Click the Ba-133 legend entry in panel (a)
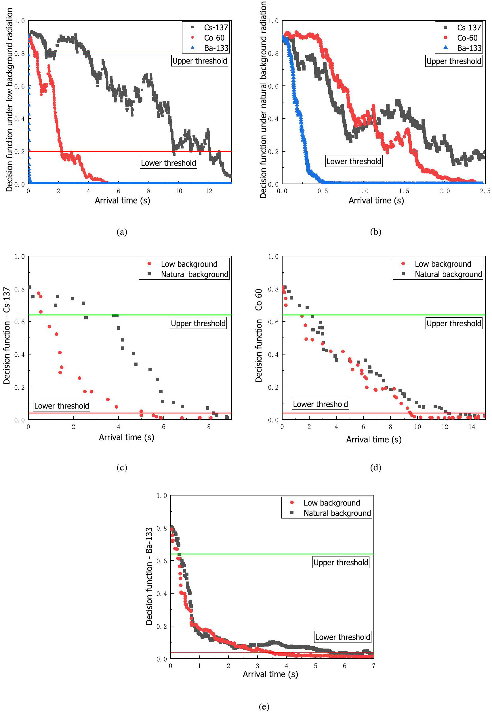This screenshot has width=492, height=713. click(216, 48)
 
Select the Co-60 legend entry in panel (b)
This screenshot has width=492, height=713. click(467, 38)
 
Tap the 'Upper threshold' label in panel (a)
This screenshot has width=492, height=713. click(199, 61)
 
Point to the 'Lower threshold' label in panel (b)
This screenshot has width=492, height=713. click(354, 161)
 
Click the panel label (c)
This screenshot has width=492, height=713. click(122, 468)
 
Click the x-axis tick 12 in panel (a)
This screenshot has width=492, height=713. click(209, 191)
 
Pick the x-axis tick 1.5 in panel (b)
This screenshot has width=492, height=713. click(404, 191)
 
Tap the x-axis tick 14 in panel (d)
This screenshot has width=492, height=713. click(471, 427)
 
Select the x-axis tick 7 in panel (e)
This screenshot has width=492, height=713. click(373, 666)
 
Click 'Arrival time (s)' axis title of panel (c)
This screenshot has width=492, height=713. click(126, 437)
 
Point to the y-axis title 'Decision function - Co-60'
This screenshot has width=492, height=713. click(259, 335)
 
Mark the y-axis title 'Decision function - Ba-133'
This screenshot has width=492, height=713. click(149, 576)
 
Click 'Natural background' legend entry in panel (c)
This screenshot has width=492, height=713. click(194, 274)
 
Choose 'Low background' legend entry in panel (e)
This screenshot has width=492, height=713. click(331, 503)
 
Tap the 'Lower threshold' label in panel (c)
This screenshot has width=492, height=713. click(62, 406)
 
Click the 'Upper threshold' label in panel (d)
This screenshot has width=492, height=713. click(454, 323)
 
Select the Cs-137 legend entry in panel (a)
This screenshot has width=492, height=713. click(216, 27)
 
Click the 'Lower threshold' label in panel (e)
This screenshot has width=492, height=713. click(342, 637)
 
